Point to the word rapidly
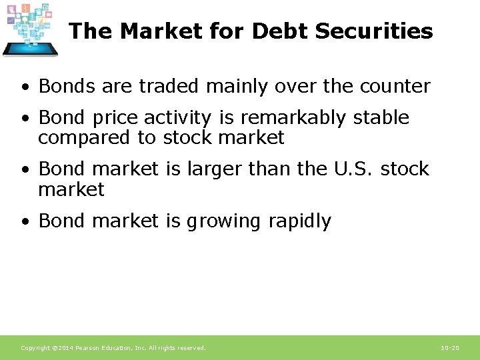(299, 221)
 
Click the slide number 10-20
(450, 348)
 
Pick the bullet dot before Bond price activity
(24, 119)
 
